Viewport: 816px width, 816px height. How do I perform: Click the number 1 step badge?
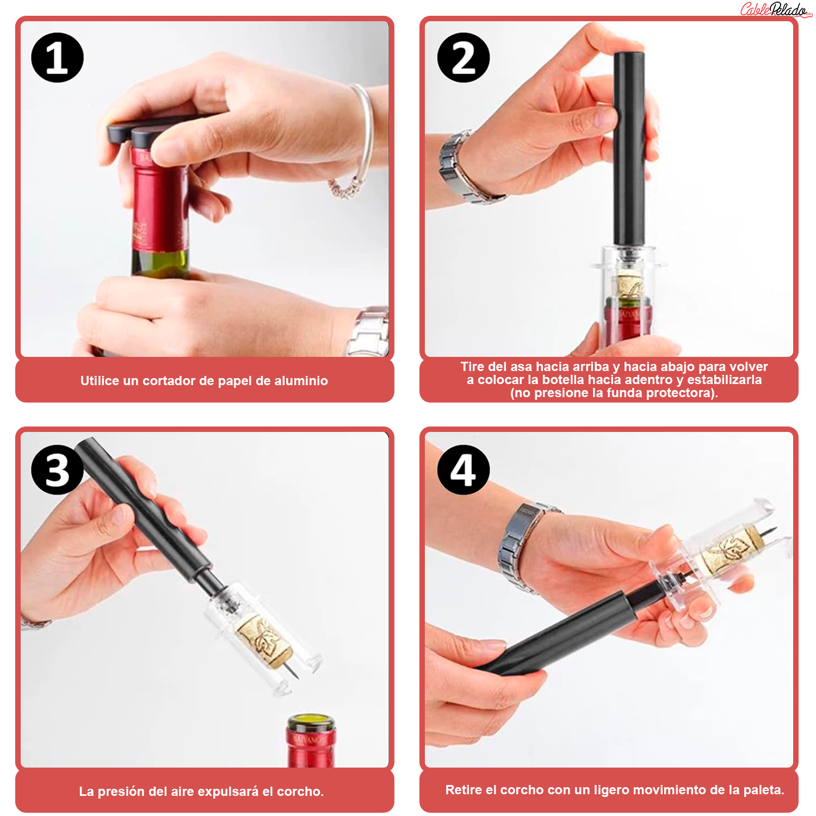pyautogui.click(x=57, y=58)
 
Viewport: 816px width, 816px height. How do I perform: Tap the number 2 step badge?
pyautogui.click(x=463, y=58)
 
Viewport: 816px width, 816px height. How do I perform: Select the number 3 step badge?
pyautogui.click(x=57, y=469)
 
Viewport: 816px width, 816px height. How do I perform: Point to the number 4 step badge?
pyautogui.click(x=463, y=469)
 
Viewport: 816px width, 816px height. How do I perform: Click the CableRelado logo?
pyautogui.click(x=776, y=10)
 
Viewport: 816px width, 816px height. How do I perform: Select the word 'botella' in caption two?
pyautogui.click(x=565, y=380)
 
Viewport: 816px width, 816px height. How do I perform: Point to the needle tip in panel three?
pyautogui.click(x=296, y=677)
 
